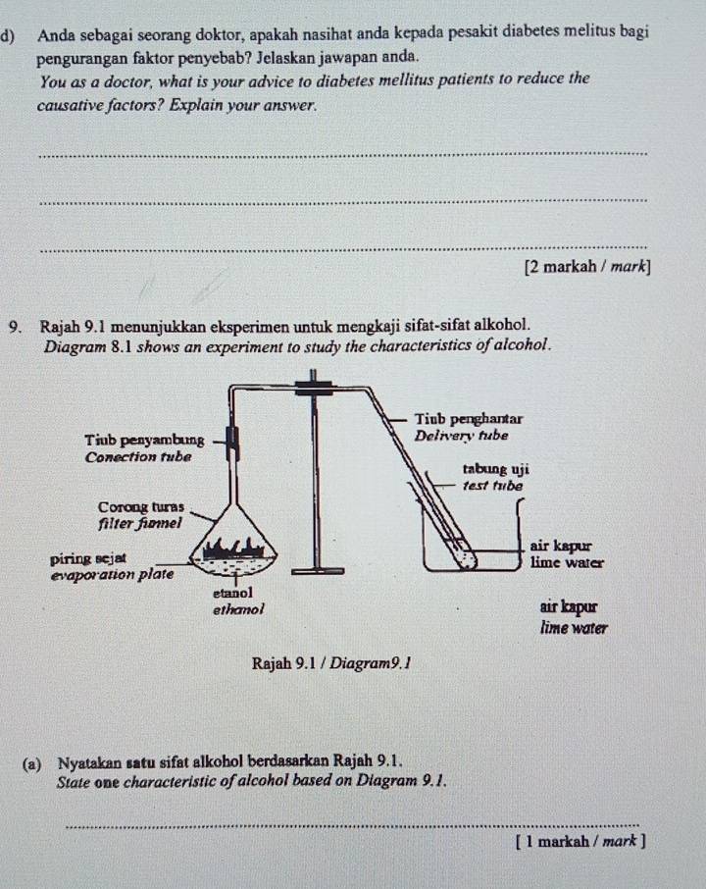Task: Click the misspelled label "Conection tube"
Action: click(138, 457)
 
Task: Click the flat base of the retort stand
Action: click(316, 570)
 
